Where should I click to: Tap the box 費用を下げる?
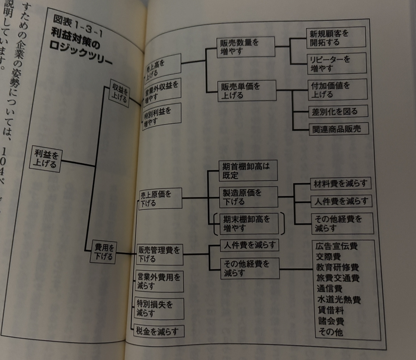pos(104,252)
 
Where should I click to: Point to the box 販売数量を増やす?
pos(245,47)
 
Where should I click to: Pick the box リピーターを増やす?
pos(336,63)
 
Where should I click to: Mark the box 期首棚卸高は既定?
pos(248,170)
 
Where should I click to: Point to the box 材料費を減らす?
pos(340,184)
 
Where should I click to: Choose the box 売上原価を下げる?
pos(161,199)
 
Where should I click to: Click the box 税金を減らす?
pos(159,331)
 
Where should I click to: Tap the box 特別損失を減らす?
pos(159,308)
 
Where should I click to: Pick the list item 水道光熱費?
pos(338,299)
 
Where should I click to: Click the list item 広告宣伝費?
pos(336,246)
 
